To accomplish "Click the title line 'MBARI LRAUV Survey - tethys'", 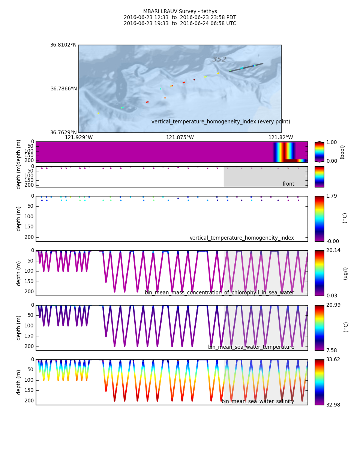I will coord(180,12).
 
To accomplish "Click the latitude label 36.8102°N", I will coord(63,45).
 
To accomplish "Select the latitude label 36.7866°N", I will coord(63,89).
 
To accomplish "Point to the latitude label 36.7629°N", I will coord(63,133).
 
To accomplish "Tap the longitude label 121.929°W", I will coord(79,138).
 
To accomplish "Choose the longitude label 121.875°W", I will coord(180,138).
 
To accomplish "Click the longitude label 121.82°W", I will coord(280,138).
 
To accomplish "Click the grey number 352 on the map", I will coord(219,59).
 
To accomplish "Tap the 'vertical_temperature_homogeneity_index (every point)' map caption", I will coord(220,122).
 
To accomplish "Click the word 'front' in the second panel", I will coord(288,184).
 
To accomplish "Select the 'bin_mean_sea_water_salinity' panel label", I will coord(258,402).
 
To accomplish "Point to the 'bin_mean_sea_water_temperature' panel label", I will coord(251,347).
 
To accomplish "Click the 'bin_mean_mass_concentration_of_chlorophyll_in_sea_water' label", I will coord(219,293).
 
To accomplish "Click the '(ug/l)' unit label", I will coord(345,273).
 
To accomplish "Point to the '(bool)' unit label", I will coord(342,152).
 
